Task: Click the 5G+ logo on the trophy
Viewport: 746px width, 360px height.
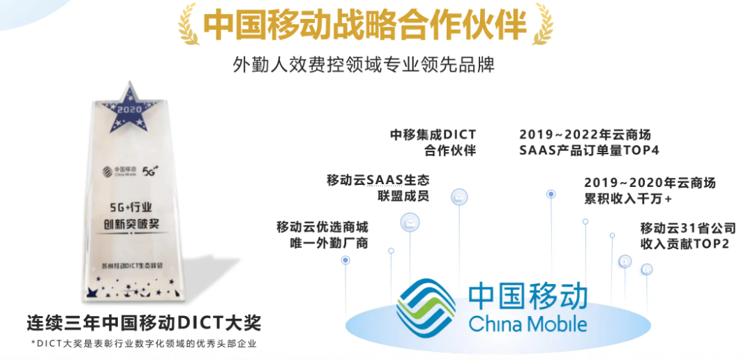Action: [151, 170]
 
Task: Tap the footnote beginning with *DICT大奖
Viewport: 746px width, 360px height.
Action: [143, 343]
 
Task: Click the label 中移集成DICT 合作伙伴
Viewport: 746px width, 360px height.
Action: [433, 142]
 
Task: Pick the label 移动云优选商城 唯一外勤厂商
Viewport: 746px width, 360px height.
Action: [322, 235]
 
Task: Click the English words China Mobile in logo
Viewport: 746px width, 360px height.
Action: [528, 324]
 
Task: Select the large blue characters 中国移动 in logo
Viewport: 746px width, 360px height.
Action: [528, 296]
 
